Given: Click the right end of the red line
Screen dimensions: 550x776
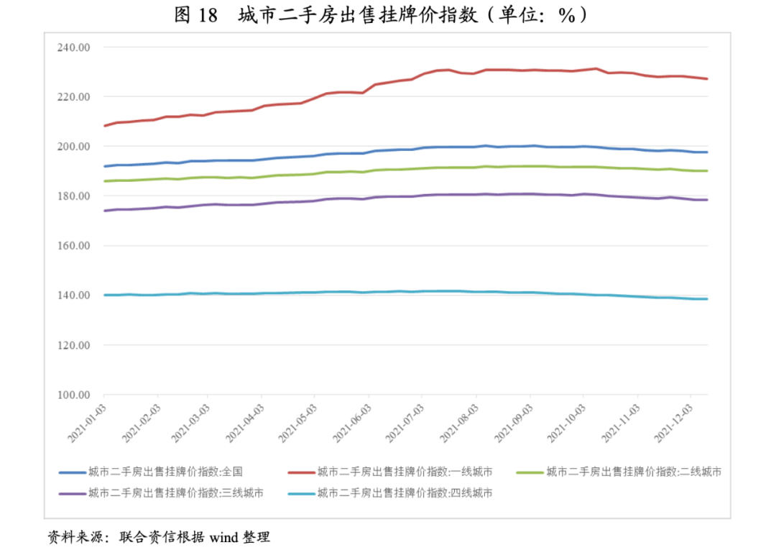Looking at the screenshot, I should (x=708, y=78).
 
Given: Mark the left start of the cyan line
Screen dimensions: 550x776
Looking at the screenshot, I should (x=105, y=295).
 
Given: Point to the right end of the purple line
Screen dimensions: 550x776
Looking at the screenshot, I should (x=708, y=200).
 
